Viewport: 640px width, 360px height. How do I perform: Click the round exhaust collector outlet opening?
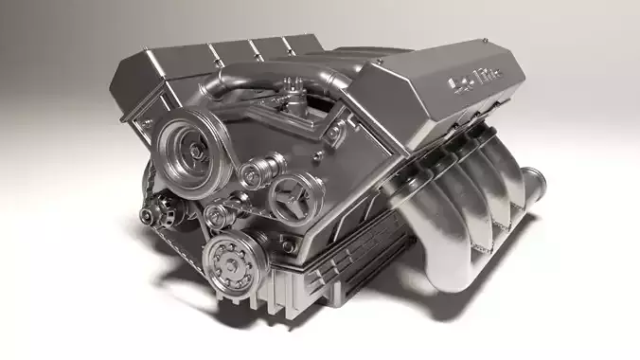pyautogui.click(x=531, y=180)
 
